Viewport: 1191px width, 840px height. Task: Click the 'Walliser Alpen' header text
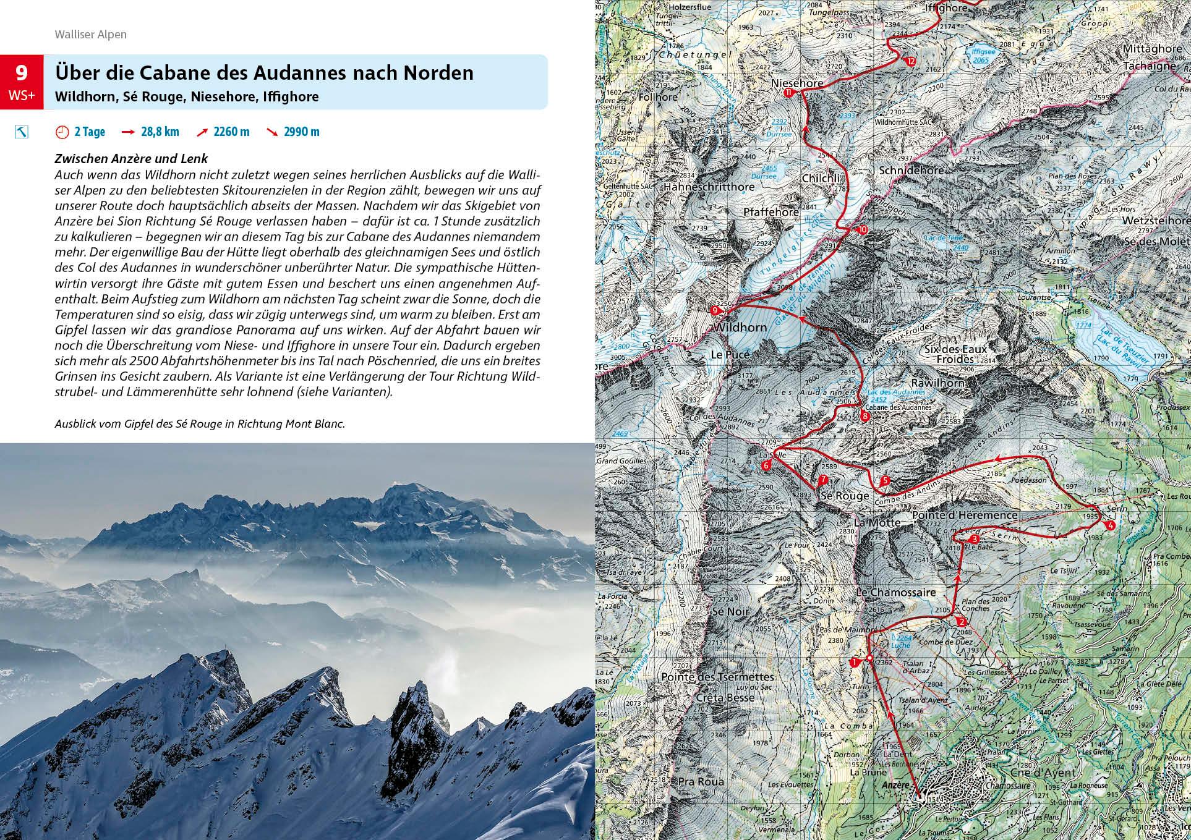click(90, 35)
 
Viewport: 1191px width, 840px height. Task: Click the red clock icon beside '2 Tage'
click(62, 132)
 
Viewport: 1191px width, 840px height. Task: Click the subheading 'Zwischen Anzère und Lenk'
click(130, 159)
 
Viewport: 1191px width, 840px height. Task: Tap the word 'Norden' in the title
click(438, 73)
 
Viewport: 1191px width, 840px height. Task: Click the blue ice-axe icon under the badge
click(22, 132)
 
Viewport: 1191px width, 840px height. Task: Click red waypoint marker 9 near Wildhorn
click(715, 310)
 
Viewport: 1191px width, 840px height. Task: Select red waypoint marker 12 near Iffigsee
click(911, 62)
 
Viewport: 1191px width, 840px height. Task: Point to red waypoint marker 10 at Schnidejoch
click(863, 230)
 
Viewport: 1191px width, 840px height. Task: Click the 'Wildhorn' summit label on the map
click(740, 328)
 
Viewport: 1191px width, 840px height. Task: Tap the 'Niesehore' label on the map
click(797, 83)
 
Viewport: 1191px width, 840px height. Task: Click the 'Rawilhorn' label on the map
click(938, 383)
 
